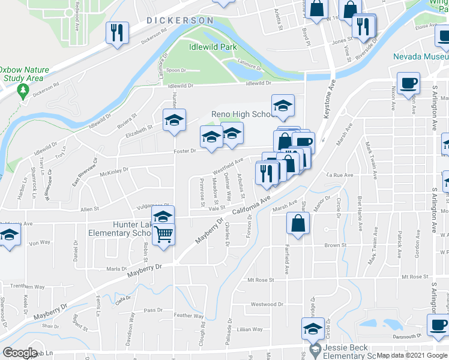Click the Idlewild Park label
[x=212, y=47]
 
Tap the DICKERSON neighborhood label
[x=180, y=20]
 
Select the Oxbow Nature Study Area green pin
[x=23, y=91]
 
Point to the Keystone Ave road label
[x=328, y=103]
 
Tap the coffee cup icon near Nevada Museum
[x=409, y=83]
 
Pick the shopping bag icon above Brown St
[x=298, y=224]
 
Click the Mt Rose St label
[x=261, y=280]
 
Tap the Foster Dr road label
[x=185, y=151]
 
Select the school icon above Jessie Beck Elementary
[x=313, y=329]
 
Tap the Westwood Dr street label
[x=267, y=304]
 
